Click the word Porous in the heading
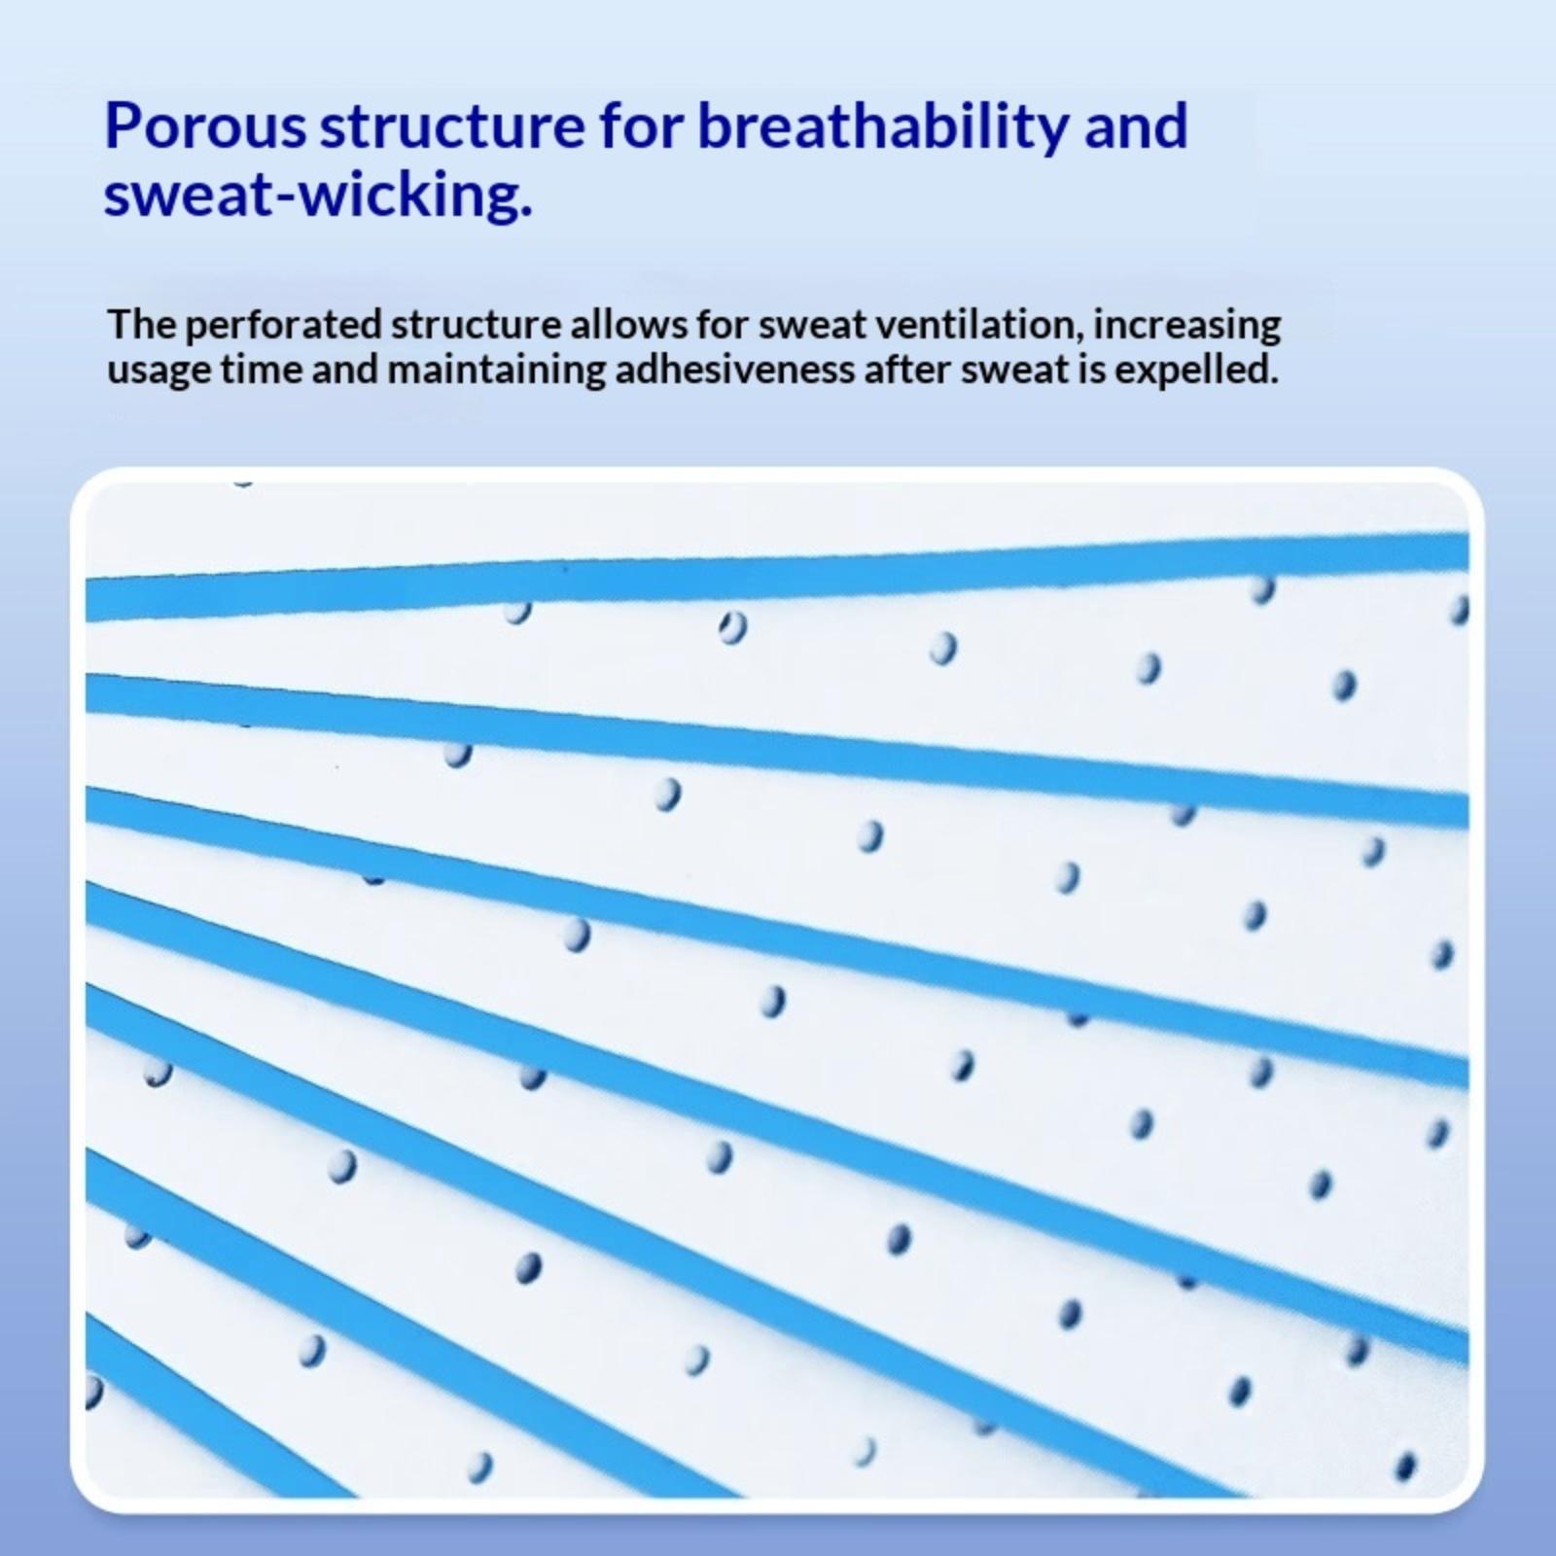205,126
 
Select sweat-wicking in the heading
318,196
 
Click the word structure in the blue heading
452,127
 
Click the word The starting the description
141,325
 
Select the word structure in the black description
477,326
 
